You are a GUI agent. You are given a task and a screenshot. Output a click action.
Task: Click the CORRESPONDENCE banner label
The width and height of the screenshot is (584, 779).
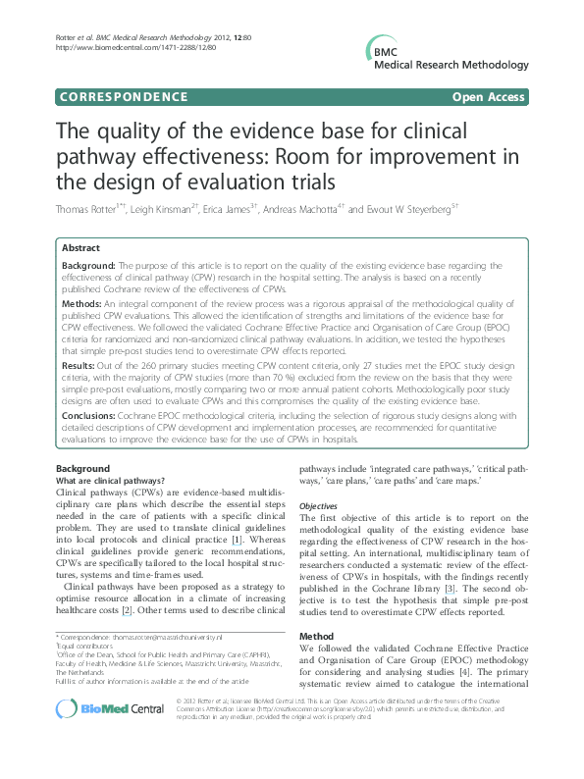pos(124,97)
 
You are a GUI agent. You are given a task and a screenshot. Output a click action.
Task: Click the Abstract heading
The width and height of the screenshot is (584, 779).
pos(81,249)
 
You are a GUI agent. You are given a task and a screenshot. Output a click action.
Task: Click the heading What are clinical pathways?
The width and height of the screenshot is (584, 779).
pos(109,481)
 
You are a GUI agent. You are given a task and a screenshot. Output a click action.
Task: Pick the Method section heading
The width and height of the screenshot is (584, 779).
pos(317,637)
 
